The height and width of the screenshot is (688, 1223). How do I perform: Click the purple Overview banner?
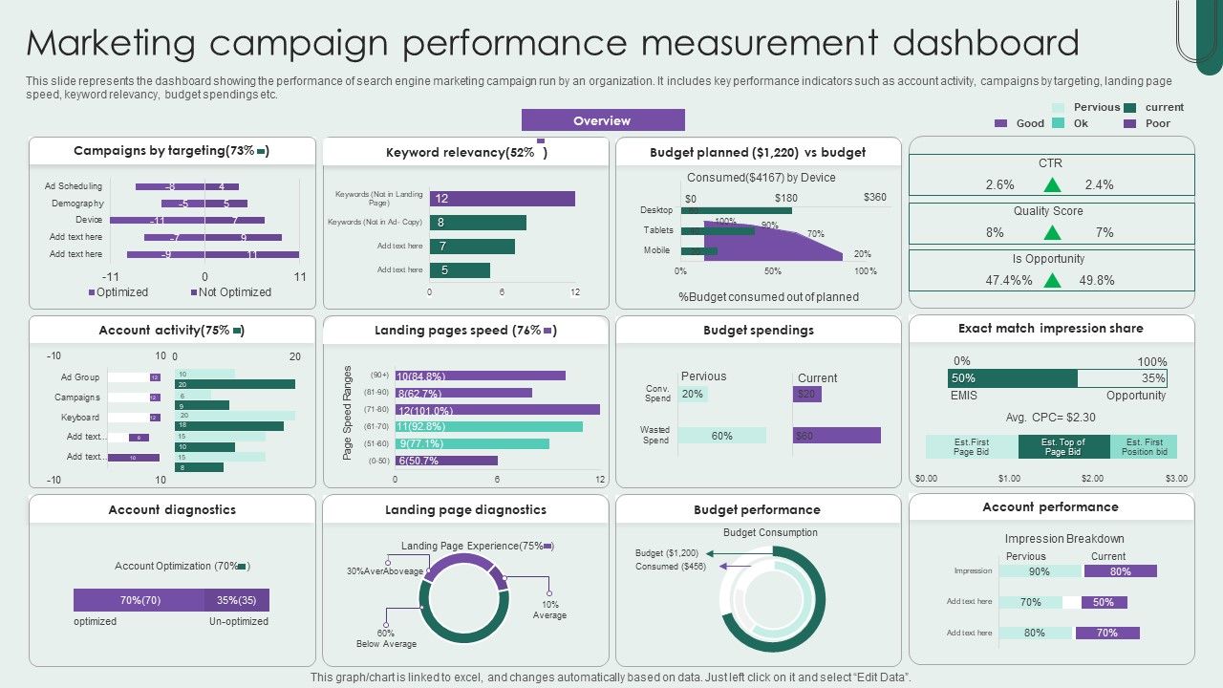pyautogui.click(x=603, y=120)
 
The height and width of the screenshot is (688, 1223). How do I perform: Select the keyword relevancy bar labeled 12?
pyautogui.click(x=503, y=199)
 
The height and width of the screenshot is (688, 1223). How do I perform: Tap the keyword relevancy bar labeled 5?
pyautogui.click(x=460, y=270)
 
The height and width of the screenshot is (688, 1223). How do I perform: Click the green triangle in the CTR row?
pyautogui.click(x=1052, y=184)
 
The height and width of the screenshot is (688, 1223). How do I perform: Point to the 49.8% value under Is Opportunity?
pyautogui.click(x=1097, y=280)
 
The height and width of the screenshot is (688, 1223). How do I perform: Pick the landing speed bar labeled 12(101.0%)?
pyautogui.click(x=497, y=410)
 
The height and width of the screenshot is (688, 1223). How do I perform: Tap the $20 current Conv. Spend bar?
pyautogui.click(x=807, y=394)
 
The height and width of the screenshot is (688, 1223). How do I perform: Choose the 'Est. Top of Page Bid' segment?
pyautogui.click(x=1063, y=447)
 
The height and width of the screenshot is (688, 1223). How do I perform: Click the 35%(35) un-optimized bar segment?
pyautogui.click(x=236, y=600)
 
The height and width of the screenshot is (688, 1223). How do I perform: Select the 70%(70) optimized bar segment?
pyautogui.click(x=139, y=600)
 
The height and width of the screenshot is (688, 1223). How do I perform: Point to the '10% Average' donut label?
pyautogui.click(x=549, y=610)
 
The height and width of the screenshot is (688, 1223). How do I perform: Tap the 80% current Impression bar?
pyautogui.click(x=1120, y=571)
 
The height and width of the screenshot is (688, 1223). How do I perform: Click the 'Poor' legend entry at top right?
pyautogui.click(x=1157, y=123)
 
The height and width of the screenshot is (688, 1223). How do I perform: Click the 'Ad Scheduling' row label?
pyautogui.click(x=74, y=186)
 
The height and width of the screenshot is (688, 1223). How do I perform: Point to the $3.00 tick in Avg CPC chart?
pyautogui.click(x=1176, y=478)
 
